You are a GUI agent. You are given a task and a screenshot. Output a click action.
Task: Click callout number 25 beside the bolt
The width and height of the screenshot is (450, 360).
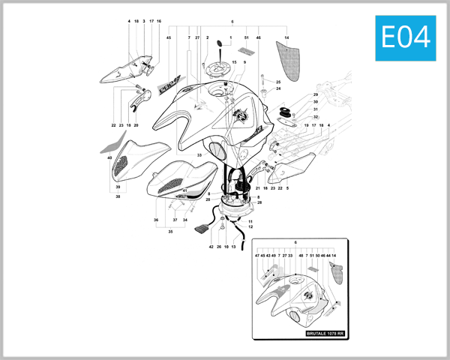[277, 82]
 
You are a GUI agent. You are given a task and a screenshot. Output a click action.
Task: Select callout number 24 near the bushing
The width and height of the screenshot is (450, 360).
[277, 89]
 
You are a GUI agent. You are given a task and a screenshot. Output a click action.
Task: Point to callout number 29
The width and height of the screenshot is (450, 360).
[316, 95]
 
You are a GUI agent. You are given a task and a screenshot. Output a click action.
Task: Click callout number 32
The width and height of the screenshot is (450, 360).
[316, 117]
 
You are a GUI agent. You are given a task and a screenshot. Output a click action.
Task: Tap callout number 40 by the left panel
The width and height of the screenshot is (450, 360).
[109, 158]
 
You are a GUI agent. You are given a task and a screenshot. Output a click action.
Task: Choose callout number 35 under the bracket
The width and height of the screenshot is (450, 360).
[171, 232]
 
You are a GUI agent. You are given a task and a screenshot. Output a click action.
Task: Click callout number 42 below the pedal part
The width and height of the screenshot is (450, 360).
[211, 246]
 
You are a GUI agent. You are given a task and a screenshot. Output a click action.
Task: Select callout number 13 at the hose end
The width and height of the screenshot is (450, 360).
[234, 246]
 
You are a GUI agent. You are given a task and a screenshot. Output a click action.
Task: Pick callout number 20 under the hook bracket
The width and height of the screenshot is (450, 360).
[136, 125]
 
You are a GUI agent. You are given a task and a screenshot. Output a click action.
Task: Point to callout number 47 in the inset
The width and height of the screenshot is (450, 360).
[256, 255]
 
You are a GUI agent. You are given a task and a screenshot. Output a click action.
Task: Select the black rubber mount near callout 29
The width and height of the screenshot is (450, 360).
[286, 112]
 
